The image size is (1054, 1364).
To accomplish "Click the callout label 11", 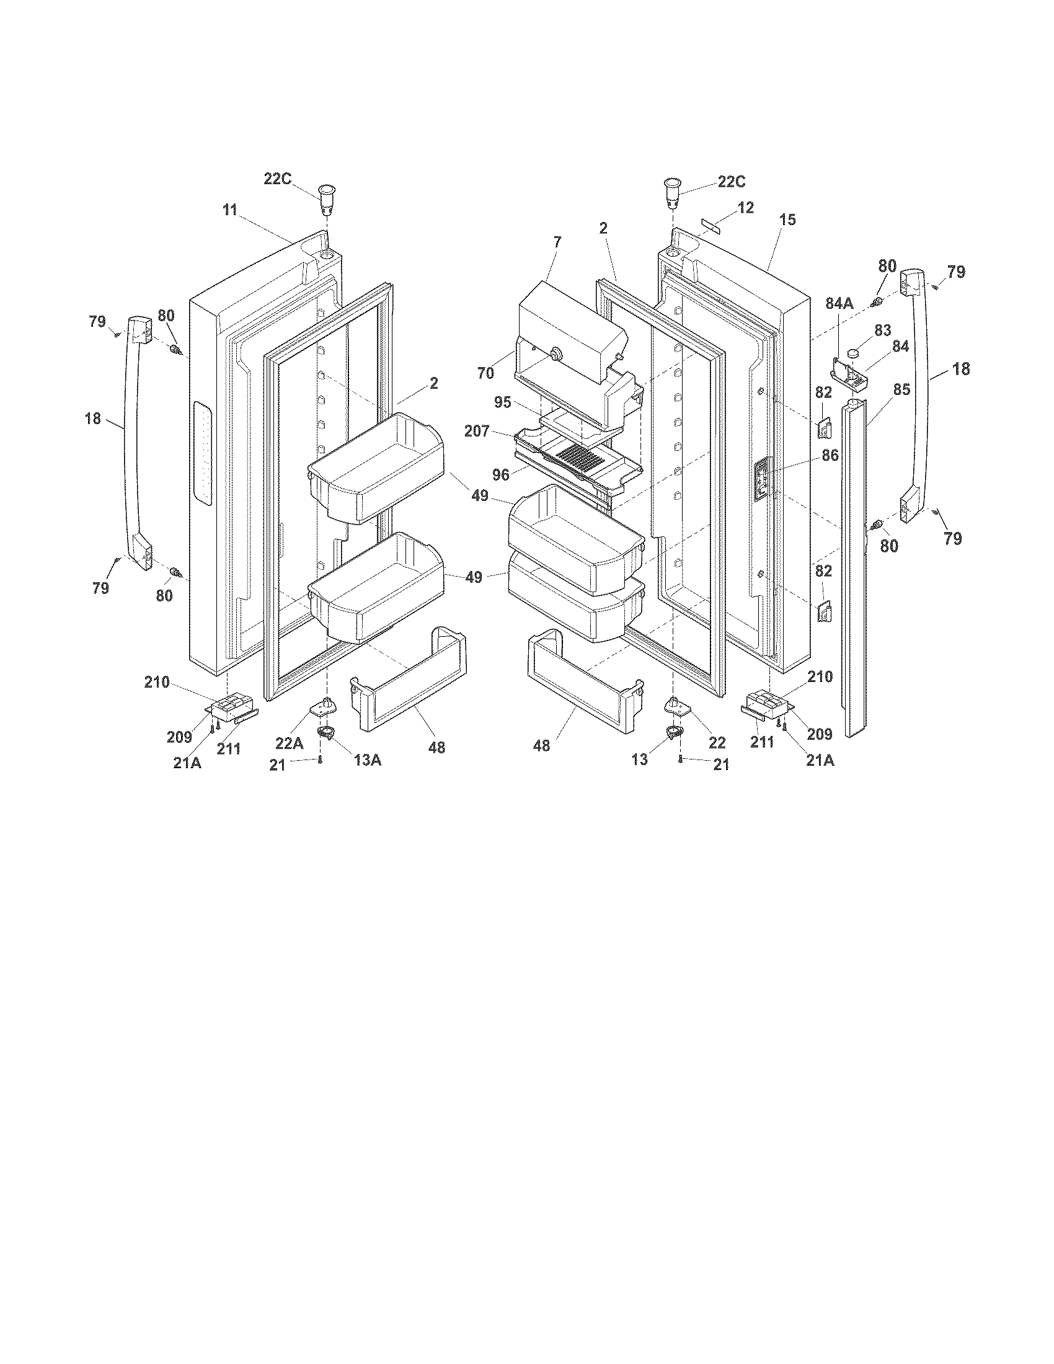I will [230, 210].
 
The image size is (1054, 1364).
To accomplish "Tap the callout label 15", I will [787, 220].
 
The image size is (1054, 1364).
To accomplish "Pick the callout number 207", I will [476, 431].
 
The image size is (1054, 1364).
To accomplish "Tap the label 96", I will [500, 475].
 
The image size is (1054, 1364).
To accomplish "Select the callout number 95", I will [503, 402].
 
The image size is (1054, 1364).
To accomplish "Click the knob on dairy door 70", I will [553, 355].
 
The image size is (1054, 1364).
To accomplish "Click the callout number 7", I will [557, 241].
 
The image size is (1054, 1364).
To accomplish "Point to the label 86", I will [830, 456].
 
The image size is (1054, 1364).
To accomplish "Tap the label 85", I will [901, 390].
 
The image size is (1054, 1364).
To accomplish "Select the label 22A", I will [289, 743].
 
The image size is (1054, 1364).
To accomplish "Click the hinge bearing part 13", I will [673, 733].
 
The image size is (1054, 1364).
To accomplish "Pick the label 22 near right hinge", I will [717, 743].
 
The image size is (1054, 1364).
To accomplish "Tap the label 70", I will [485, 373].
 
